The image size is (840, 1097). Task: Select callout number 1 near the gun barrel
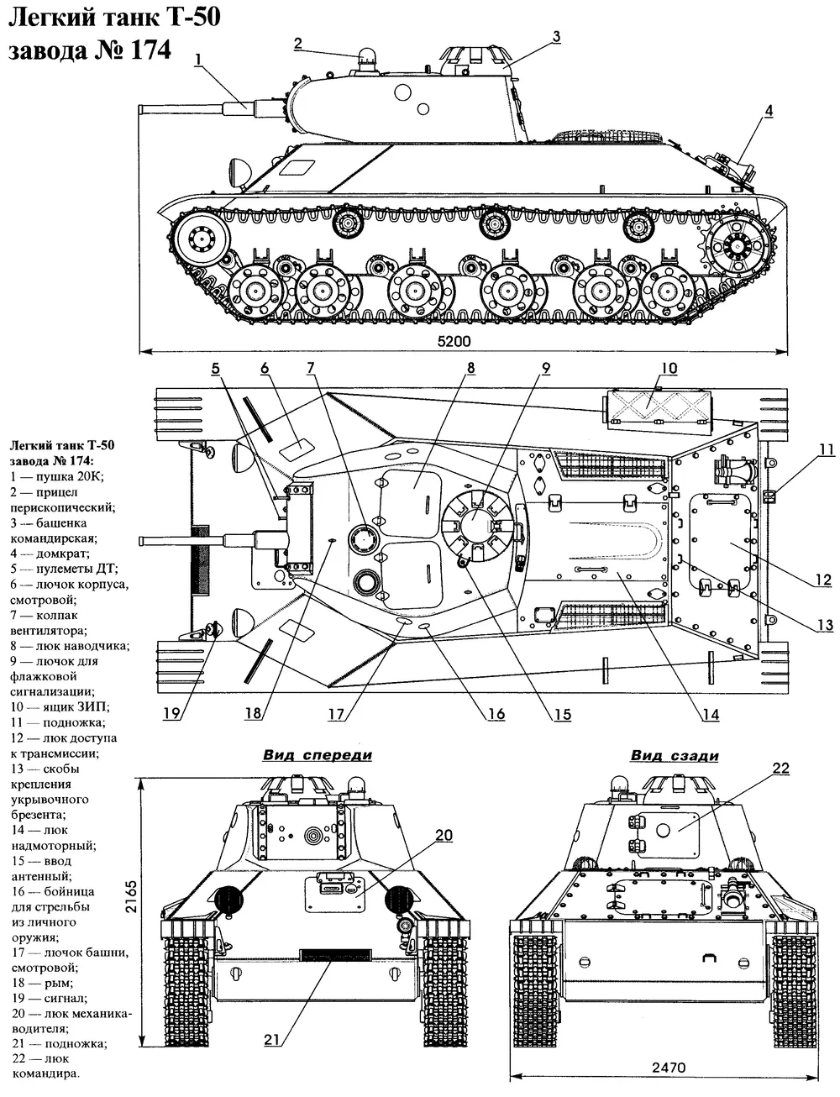[197, 58]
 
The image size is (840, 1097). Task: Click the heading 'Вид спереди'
[317, 755]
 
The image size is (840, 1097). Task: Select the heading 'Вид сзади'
[675, 755]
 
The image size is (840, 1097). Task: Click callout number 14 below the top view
[711, 715]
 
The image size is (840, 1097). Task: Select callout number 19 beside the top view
[172, 714]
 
